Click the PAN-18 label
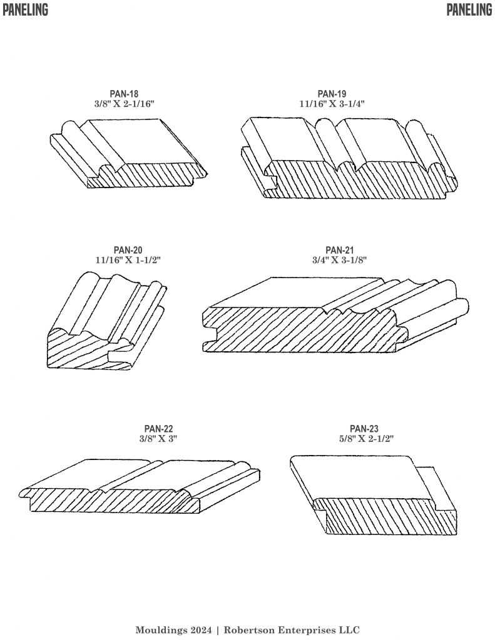click(x=124, y=94)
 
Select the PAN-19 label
click(x=332, y=94)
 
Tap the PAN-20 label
click(x=128, y=250)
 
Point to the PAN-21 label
click(x=340, y=250)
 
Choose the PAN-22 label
click(x=158, y=429)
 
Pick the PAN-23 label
click(x=364, y=429)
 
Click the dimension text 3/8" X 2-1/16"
click(x=125, y=104)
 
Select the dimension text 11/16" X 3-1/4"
click(x=332, y=104)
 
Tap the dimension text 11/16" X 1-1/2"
click(x=128, y=260)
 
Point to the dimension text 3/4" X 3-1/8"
click(x=340, y=260)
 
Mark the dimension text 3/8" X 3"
click(x=158, y=439)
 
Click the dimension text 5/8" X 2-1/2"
click(x=364, y=439)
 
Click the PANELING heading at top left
click(x=25, y=9)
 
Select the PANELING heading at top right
click(x=469, y=9)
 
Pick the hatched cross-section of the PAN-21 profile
click(x=300, y=331)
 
